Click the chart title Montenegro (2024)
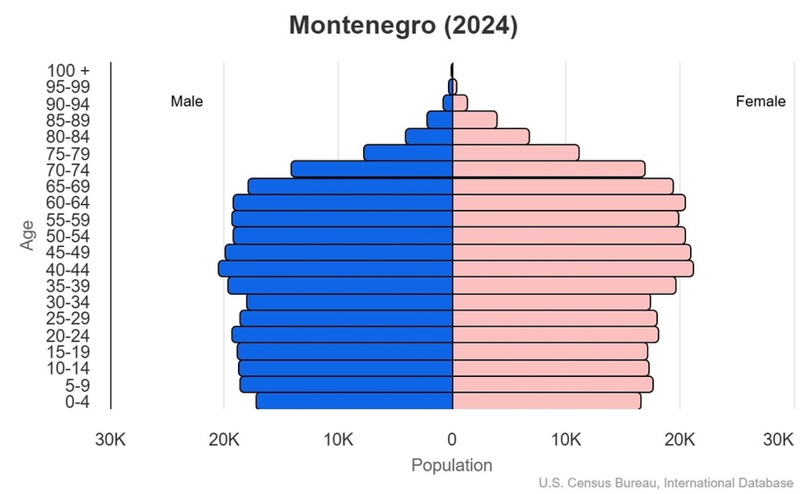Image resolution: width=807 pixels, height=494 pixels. coord(403,26)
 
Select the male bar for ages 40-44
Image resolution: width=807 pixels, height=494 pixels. coord(336,268)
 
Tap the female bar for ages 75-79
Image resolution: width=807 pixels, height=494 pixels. coord(515,152)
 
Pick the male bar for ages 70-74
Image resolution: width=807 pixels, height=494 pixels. coord(372,169)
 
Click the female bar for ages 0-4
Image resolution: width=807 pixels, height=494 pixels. coord(547,401)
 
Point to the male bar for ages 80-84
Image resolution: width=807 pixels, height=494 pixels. coord(429,136)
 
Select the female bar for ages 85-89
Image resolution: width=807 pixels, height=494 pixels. coord(474,119)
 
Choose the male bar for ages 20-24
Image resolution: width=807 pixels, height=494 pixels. coord(343,334)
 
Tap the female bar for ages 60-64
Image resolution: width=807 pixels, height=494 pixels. coord(568,203)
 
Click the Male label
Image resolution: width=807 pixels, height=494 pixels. coord(187,102)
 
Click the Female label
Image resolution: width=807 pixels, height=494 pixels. coord(760,102)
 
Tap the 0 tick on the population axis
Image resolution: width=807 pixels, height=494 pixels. coord(452,440)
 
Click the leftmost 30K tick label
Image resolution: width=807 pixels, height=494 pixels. coord(110,440)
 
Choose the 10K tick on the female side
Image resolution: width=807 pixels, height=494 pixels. coord(567,440)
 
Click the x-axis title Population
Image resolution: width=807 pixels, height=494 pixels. coord(451,465)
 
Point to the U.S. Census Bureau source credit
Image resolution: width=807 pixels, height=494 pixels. coord(670,482)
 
